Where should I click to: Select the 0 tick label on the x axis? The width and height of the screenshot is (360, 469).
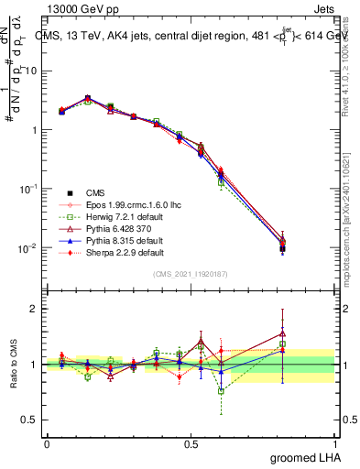(47, 442)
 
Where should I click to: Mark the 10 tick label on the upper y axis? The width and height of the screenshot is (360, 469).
(29, 71)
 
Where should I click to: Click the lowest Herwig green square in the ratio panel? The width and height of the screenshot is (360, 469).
(221, 390)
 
